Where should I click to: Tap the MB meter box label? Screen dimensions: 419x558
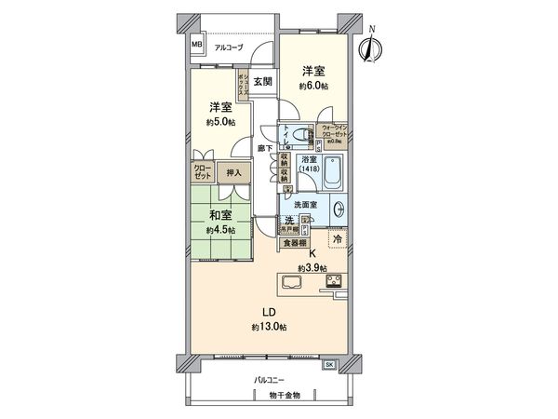[x=197, y=44]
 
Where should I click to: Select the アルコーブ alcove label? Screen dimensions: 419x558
[x=228, y=47]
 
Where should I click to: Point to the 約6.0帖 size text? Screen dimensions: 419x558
[x=314, y=87]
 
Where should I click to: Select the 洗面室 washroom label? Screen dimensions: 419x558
[x=307, y=205]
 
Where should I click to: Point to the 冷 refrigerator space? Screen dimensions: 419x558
[x=338, y=238]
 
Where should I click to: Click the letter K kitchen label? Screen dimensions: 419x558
[x=312, y=252]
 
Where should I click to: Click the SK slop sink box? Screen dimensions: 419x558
[x=330, y=365]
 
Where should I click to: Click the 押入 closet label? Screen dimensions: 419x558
[x=233, y=172]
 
